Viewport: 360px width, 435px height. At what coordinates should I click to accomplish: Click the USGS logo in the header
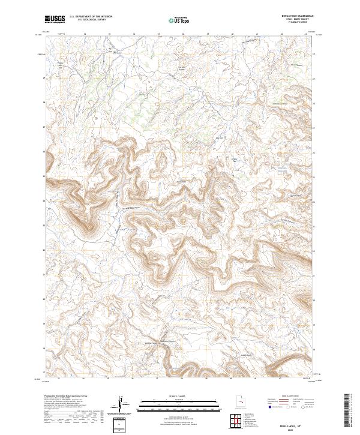click(55, 19)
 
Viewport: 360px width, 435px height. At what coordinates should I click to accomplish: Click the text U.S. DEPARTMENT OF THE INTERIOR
click(90, 17)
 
